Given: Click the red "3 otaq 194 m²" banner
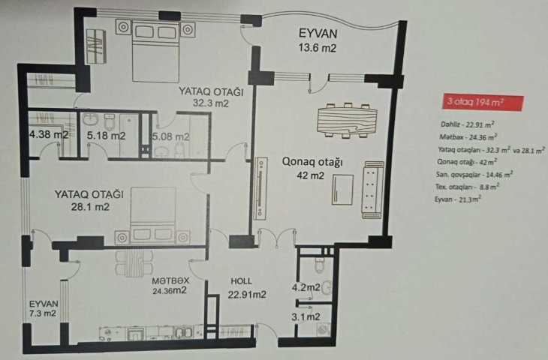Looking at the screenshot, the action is tap(483, 102).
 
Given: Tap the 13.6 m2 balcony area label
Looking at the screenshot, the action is tap(317, 48).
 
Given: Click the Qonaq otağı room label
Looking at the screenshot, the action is tap(312, 162).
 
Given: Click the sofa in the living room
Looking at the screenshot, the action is tap(374, 190).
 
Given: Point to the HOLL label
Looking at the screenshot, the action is tap(241, 281).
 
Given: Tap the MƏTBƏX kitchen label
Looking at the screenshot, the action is tap(170, 280).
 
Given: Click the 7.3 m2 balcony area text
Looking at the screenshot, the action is tap(43, 313).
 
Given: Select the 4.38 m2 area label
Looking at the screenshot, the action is tap(49, 134).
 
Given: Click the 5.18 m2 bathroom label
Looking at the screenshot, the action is tap(106, 136).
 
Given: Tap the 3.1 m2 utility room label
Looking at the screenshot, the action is tap(306, 317).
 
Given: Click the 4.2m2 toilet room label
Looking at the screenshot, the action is tap(306, 287).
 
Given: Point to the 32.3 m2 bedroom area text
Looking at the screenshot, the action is tap(211, 103).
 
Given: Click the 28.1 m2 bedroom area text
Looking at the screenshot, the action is tap(90, 207).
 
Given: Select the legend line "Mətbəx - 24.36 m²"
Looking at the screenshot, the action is tap(468, 137).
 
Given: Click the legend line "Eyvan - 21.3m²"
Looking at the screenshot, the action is tap(458, 199).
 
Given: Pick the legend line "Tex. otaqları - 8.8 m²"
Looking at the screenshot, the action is tap(467, 187).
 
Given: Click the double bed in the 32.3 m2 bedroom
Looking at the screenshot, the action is tap(156, 51).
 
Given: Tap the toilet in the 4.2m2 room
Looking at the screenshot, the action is tap(320, 264).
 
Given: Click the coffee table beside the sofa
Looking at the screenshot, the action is tap(342, 190).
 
